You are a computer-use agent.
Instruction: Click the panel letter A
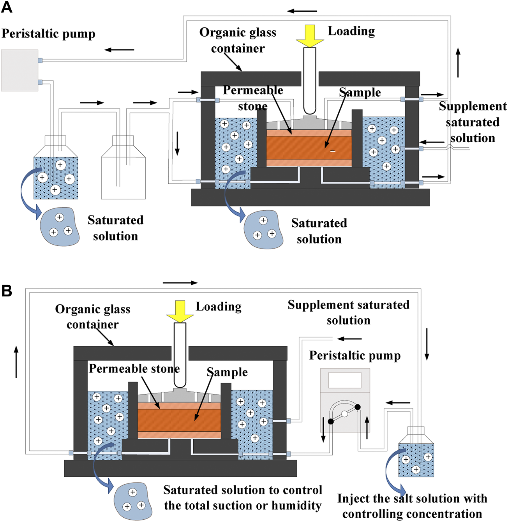tap(7, 7)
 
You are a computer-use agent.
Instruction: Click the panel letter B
tap(7, 291)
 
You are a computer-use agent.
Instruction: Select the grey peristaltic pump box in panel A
tap(19, 70)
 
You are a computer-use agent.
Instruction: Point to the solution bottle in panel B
tap(416, 454)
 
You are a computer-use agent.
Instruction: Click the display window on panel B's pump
tap(344, 380)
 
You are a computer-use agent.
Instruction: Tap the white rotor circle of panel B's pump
tap(344, 414)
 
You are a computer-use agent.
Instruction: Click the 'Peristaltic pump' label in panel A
tap(48, 34)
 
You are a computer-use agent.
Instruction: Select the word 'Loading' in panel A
tap(351, 31)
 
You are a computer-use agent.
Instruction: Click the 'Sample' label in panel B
tap(227, 372)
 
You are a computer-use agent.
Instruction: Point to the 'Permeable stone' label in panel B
tap(134, 369)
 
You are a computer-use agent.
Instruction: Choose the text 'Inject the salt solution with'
tap(412, 499)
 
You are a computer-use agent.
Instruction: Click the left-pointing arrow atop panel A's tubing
tap(302, 11)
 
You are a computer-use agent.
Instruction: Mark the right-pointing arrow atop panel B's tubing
tap(180, 283)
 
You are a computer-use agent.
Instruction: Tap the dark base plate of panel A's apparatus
tap(310, 198)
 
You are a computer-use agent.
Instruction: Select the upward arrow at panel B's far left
tap(16, 362)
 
